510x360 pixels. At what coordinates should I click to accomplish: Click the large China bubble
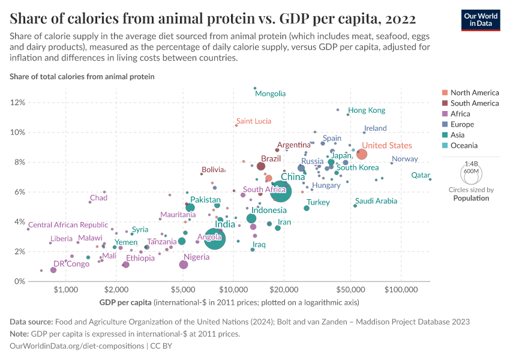coord(280,192)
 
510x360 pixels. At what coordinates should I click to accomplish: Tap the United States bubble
coord(361,154)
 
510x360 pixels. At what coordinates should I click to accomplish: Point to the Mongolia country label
coord(270,94)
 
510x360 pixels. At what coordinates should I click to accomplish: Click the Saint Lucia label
coord(253,121)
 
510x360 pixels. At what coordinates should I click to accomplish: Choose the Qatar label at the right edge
coord(421,175)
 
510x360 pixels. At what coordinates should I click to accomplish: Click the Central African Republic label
coord(68,225)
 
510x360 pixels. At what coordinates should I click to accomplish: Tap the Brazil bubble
coord(261,166)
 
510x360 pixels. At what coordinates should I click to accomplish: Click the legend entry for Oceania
coord(464,145)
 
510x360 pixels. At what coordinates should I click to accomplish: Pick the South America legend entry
coord(474,103)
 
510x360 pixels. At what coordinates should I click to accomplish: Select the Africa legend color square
coord(444,114)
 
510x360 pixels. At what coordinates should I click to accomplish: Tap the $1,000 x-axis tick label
coord(67,289)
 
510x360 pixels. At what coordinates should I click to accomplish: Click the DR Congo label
coord(71,263)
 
